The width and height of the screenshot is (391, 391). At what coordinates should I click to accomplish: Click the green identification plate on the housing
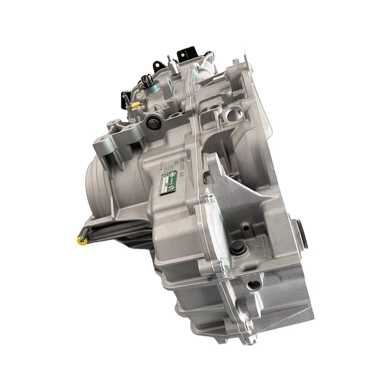coord(168,182)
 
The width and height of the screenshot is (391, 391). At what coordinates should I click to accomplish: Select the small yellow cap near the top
coord(135,104)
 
